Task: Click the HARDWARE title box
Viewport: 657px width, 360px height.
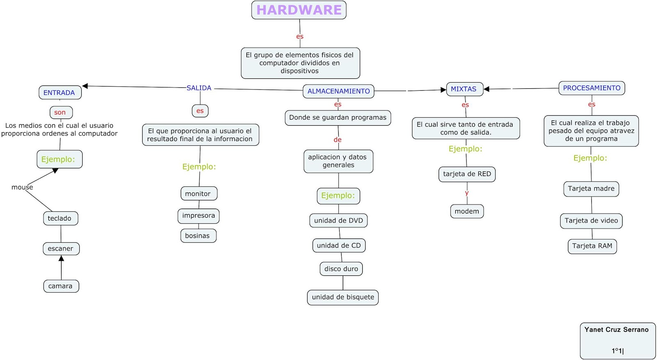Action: [x=299, y=10]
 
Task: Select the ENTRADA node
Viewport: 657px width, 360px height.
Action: [x=60, y=93]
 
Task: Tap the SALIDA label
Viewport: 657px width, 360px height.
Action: [x=199, y=88]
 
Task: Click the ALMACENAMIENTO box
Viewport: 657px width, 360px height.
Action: [x=338, y=91]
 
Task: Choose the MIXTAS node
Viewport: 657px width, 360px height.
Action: [x=464, y=89]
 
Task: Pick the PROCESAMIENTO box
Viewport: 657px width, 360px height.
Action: [x=591, y=88]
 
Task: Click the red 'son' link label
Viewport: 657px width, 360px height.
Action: [x=60, y=112]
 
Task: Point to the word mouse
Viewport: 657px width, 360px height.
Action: [x=22, y=187]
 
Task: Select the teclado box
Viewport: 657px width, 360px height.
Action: [x=60, y=218]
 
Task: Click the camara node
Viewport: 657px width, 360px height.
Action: [x=61, y=286]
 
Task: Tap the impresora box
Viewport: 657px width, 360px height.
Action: [x=198, y=216]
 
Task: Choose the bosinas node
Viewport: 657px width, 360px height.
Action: [x=198, y=236]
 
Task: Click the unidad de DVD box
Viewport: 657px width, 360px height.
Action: [x=338, y=220]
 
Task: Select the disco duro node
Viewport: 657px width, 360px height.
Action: [x=341, y=269]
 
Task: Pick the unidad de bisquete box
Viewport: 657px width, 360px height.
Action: [x=343, y=297]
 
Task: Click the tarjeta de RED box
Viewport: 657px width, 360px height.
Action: [x=467, y=174]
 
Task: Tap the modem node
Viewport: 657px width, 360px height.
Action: [x=467, y=211]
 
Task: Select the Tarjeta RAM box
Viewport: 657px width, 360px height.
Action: [x=592, y=246]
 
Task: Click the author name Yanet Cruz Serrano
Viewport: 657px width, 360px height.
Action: [x=616, y=330]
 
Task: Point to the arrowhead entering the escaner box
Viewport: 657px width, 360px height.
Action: [x=61, y=259]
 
